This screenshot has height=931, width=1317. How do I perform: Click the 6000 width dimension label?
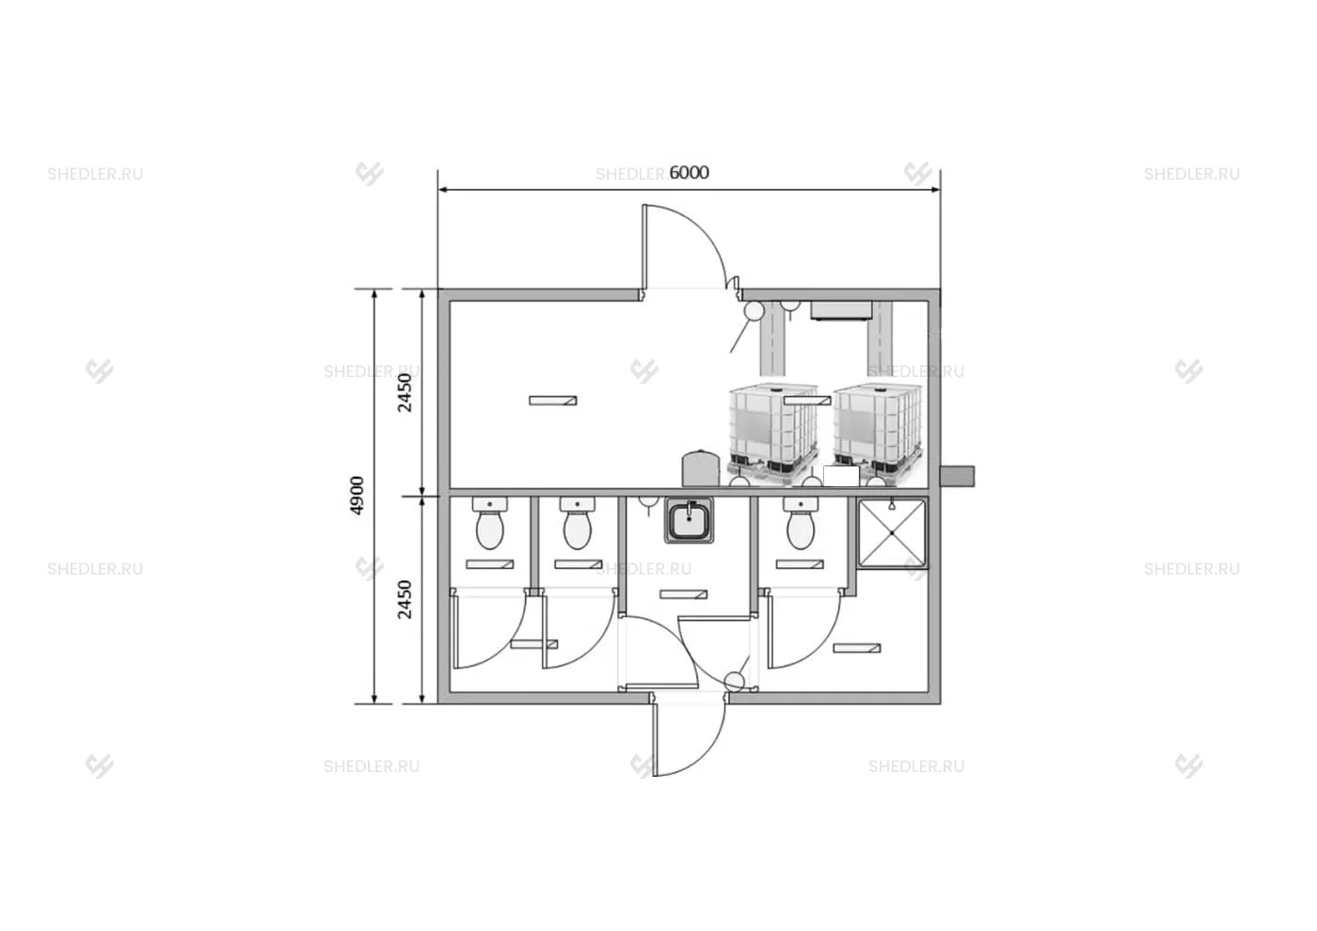(x=689, y=172)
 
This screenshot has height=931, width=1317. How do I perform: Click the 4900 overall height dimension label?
(x=357, y=496)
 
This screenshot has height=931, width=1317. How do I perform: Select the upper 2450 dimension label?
(x=405, y=393)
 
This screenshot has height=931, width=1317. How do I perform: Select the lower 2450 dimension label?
(x=405, y=600)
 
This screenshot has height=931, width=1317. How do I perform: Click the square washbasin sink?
(x=689, y=519)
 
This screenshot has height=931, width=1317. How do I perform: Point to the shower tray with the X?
(x=892, y=533)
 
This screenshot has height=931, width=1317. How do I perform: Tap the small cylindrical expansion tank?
(x=700, y=468)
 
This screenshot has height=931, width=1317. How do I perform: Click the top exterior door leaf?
(x=644, y=250)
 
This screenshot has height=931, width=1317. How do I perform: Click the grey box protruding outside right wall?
(x=958, y=476)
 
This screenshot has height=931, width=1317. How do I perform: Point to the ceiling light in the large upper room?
(x=553, y=401)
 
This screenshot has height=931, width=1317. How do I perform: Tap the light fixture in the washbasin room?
(x=683, y=594)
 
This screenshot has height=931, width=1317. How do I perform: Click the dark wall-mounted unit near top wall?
(x=841, y=311)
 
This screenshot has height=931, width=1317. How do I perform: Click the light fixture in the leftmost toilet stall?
(x=490, y=564)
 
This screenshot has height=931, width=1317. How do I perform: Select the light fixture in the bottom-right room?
(x=857, y=648)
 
